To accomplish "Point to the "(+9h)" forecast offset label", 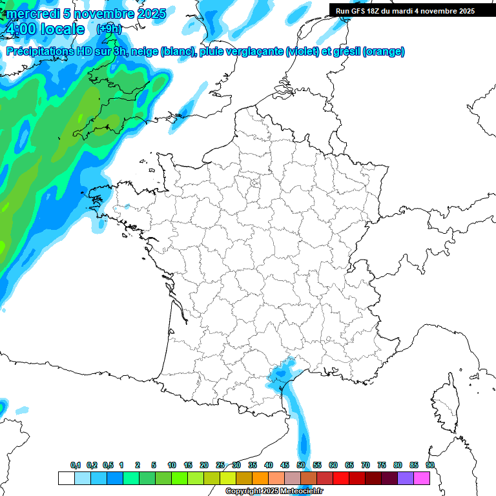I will tap(108, 29).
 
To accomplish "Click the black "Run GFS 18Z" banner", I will tap(405, 10).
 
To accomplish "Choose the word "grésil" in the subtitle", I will tap(345, 52).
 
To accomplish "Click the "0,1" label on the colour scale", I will tap(76, 465).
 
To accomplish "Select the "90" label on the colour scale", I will tap(429, 465).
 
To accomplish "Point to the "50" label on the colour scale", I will tap(301, 465).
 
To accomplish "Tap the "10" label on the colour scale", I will tap(172, 465).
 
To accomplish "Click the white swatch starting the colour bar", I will tap(66, 478).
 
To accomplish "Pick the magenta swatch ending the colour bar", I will tap(422, 478).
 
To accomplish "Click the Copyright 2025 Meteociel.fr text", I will tap(274, 491).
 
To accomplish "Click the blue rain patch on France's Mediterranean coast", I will tap(282, 375).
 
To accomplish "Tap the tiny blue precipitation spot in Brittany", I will tap(127, 207).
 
